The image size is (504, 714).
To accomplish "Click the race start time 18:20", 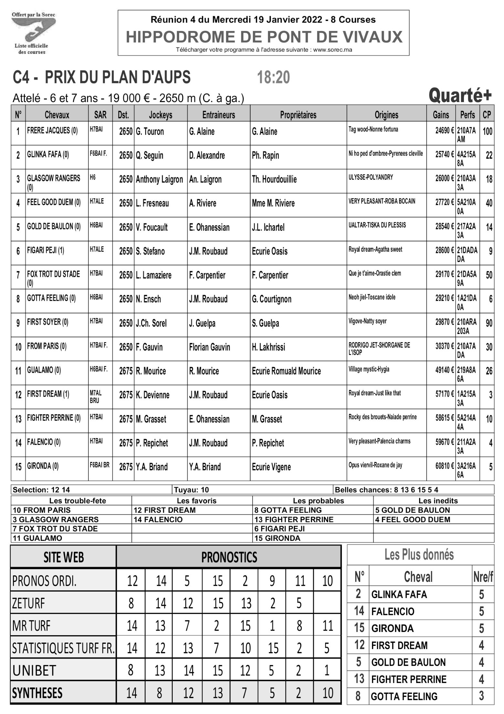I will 273,78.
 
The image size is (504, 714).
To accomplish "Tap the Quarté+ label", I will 460,96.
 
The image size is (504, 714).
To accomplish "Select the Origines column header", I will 386,115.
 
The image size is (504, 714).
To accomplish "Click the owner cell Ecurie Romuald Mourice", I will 286,371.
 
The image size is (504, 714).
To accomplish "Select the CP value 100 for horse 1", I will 487,131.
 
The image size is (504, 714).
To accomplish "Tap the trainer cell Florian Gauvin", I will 210,347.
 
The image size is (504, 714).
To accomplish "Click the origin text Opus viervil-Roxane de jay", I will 375,466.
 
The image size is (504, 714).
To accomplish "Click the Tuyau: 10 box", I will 191,490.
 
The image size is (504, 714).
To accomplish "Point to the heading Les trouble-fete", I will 77,501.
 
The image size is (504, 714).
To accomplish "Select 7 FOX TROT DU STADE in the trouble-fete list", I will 55,529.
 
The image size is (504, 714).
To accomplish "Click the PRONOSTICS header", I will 229,557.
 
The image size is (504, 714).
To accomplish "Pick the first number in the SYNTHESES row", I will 131,693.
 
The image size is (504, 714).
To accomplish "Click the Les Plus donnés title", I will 419,555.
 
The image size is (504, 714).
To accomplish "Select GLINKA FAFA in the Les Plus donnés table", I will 399,594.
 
